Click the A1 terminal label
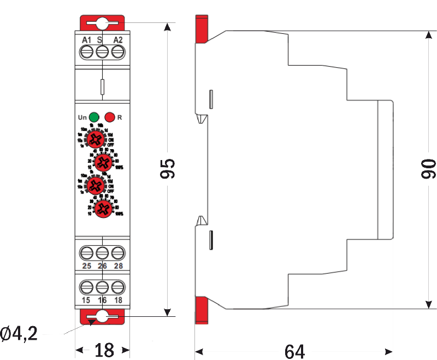tap(86, 40)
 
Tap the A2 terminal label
tap(118, 40)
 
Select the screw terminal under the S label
tap(102, 52)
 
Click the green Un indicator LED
tap(94, 117)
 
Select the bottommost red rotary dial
tap(102, 209)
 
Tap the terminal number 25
tap(86, 266)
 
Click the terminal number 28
tap(119, 266)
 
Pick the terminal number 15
tap(86, 300)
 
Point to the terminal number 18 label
tap(119, 300)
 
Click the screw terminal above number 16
tap(102, 287)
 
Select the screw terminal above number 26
tap(102, 253)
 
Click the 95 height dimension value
tap(168, 169)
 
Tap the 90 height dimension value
tap(429, 169)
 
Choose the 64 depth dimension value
tap(294, 350)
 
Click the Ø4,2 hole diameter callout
tap(19, 333)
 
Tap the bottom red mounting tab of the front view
tap(102, 316)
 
